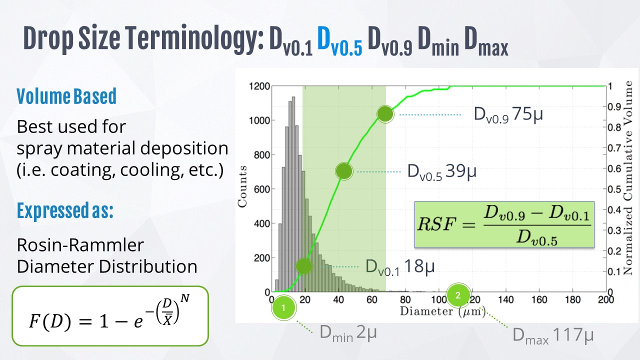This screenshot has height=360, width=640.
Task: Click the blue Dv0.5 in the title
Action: (339, 41)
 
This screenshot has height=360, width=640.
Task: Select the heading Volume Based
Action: (66, 96)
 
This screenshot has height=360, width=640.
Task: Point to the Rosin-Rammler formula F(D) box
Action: (109, 316)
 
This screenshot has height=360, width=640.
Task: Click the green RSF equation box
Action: (504, 224)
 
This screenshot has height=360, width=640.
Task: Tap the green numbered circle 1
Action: (283, 308)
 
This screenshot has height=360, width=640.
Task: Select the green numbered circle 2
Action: (458, 295)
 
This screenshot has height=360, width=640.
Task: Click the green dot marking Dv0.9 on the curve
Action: (385, 114)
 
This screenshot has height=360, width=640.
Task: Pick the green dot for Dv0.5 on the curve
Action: (344, 171)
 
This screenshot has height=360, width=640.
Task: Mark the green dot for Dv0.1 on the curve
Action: (303, 266)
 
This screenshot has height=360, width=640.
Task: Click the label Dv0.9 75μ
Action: (508, 114)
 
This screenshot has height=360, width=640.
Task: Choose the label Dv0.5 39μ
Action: (441, 171)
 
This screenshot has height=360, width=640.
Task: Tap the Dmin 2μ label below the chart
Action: (348, 332)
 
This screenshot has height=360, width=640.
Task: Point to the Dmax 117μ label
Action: (553, 334)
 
